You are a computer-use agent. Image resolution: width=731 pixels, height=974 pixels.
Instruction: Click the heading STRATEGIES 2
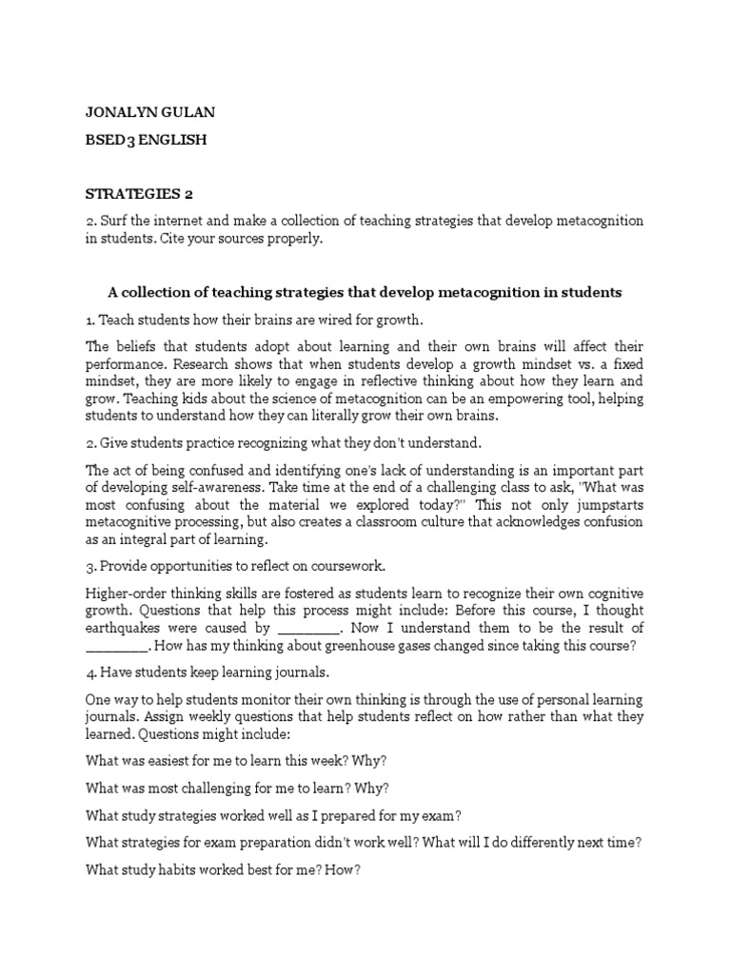pyautogui.click(x=139, y=194)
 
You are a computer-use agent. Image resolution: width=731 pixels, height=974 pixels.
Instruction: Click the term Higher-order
pyautogui.click(x=124, y=594)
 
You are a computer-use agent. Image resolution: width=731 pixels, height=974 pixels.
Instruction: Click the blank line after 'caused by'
pyautogui.click(x=309, y=629)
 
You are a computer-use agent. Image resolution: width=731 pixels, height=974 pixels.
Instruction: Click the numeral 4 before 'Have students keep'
pyautogui.click(x=89, y=673)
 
